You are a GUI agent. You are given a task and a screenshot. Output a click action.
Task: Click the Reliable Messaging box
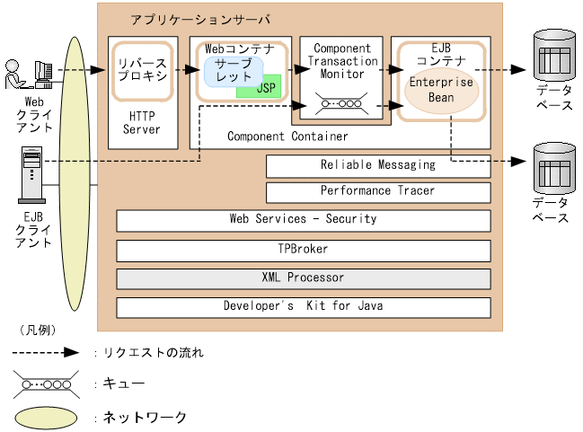pos(378,165)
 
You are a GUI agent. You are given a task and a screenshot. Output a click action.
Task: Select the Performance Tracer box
pos(378,191)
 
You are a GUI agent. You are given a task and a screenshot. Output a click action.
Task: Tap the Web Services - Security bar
pos(304,219)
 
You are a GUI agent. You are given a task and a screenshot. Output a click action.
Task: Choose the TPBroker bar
pos(304,249)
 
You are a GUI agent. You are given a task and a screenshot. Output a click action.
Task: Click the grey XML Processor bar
pos(304,278)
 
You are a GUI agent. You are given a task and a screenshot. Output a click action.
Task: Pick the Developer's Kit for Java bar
pos(304,306)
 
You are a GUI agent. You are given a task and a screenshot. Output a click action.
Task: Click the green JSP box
pos(267,88)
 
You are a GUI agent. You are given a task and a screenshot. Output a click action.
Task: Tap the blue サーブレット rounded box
pos(233,72)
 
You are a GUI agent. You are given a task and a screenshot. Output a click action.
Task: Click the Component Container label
pos(287,137)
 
